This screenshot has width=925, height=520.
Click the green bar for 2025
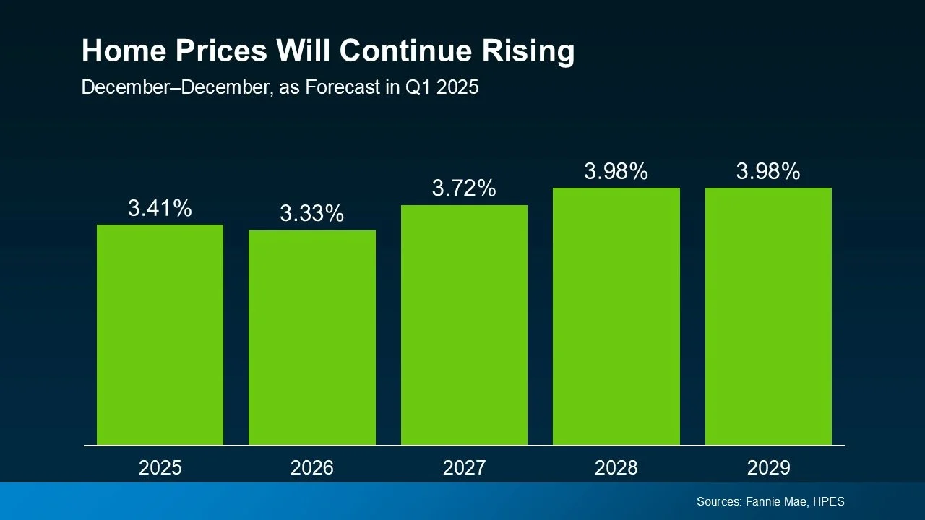pyautogui.click(x=160, y=334)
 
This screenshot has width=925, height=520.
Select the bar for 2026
pyautogui.click(x=312, y=337)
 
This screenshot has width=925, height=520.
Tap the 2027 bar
pyautogui.click(x=464, y=325)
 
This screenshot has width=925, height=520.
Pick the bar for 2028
pyautogui.click(x=616, y=316)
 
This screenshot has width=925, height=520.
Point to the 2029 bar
pyautogui.click(x=768, y=316)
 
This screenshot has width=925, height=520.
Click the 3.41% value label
pyautogui.click(x=160, y=209)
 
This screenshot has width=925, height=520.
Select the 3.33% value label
pyautogui.click(x=312, y=214)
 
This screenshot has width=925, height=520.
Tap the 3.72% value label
pyautogui.click(x=464, y=189)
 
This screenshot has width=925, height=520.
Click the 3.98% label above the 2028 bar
pyautogui.click(x=616, y=172)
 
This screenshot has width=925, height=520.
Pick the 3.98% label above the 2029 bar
pyautogui.click(x=768, y=172)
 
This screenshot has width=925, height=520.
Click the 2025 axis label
pyautogui.click(x=160, y=468)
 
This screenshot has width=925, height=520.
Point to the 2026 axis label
pyautogui.click(x=312, y=468)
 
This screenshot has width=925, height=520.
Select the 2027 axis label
pyautogui.click(x=464, y=468)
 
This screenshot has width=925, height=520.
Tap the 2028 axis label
pyautogui.click(x=616, y=468)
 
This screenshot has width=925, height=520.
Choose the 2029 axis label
pyautogui.click(x=768, y=468)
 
